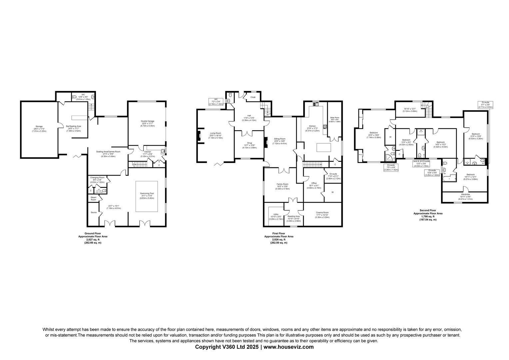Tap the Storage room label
[39, 127]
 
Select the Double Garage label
[147, 121]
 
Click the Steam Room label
[93, 198]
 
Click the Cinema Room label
[322, 212]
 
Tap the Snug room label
[249, 143]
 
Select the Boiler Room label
[334, 118]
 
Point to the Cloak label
[253, 97]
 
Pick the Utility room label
[276, 214]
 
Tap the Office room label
[314, 183]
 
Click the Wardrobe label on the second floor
[465, 194]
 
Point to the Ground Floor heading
[93, 233]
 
